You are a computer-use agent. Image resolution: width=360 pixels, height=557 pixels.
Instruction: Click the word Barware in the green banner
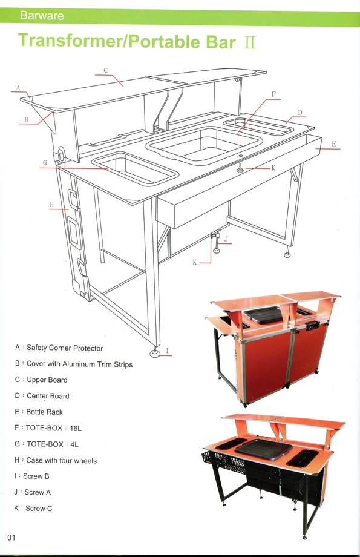(x=42, y=16)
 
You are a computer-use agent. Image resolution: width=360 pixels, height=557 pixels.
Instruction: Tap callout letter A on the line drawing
(x=18, y=88)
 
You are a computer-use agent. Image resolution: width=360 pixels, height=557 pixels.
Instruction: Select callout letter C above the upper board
(x=105, y=70)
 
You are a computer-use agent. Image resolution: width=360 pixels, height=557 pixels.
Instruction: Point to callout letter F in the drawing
(x=273, y=94)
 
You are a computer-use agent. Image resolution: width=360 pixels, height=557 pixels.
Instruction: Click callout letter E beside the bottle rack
(x=334, y=144)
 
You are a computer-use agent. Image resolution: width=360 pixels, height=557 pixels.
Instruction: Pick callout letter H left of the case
(x=52, y=204)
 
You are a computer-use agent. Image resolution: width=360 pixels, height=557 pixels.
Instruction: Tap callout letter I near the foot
(x=167, y=351)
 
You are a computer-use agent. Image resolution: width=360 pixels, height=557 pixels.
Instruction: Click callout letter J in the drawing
(x=226, y=239)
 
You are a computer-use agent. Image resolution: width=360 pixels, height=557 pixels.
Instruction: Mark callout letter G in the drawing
(x=45, y=163)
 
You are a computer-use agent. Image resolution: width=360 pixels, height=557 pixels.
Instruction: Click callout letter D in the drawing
(x=300, y=113)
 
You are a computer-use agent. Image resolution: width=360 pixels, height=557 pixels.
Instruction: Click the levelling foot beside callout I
(x=155, y=353)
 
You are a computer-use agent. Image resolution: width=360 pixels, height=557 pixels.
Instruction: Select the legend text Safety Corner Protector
(x=65, y=348)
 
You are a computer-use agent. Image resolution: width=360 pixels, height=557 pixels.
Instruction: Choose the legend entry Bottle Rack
(x=44, y=412)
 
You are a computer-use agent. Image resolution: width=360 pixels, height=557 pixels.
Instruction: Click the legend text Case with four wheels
(x=62, y=461)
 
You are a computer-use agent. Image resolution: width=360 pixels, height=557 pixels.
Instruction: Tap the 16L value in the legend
(x=75, y=429)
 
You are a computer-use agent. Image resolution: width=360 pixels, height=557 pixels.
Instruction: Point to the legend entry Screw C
(x=39, y=509)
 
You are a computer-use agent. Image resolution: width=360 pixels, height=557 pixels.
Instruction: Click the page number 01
(x=11, y=538)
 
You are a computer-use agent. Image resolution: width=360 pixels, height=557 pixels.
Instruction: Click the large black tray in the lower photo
(x=263, y=449)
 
